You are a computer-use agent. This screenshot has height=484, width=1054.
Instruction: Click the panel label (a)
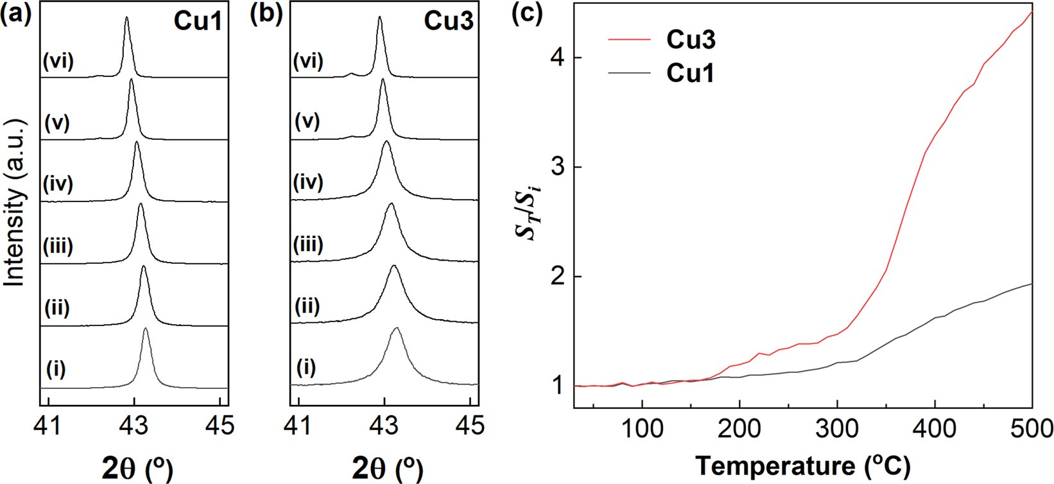point(16,15)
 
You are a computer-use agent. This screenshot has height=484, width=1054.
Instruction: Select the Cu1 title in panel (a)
point(198,21)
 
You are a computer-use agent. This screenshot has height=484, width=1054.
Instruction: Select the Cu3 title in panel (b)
point(448,21)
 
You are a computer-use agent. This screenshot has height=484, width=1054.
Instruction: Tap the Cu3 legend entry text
point(691,40)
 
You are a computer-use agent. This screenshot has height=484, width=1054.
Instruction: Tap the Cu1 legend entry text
point(691,73)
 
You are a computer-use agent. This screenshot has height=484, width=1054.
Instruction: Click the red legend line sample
point(630,40)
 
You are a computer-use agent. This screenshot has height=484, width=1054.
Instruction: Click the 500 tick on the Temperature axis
point(1032,428)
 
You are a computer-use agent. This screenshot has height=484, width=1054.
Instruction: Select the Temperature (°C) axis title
point(802,465)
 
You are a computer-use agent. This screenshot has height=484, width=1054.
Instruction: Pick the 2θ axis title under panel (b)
point(388,469)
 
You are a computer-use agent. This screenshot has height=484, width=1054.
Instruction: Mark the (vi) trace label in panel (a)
point(58,62)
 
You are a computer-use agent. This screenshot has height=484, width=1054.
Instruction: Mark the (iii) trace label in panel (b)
point(308,245)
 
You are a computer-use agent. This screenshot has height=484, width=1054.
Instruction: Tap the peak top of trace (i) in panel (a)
point(146,329)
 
